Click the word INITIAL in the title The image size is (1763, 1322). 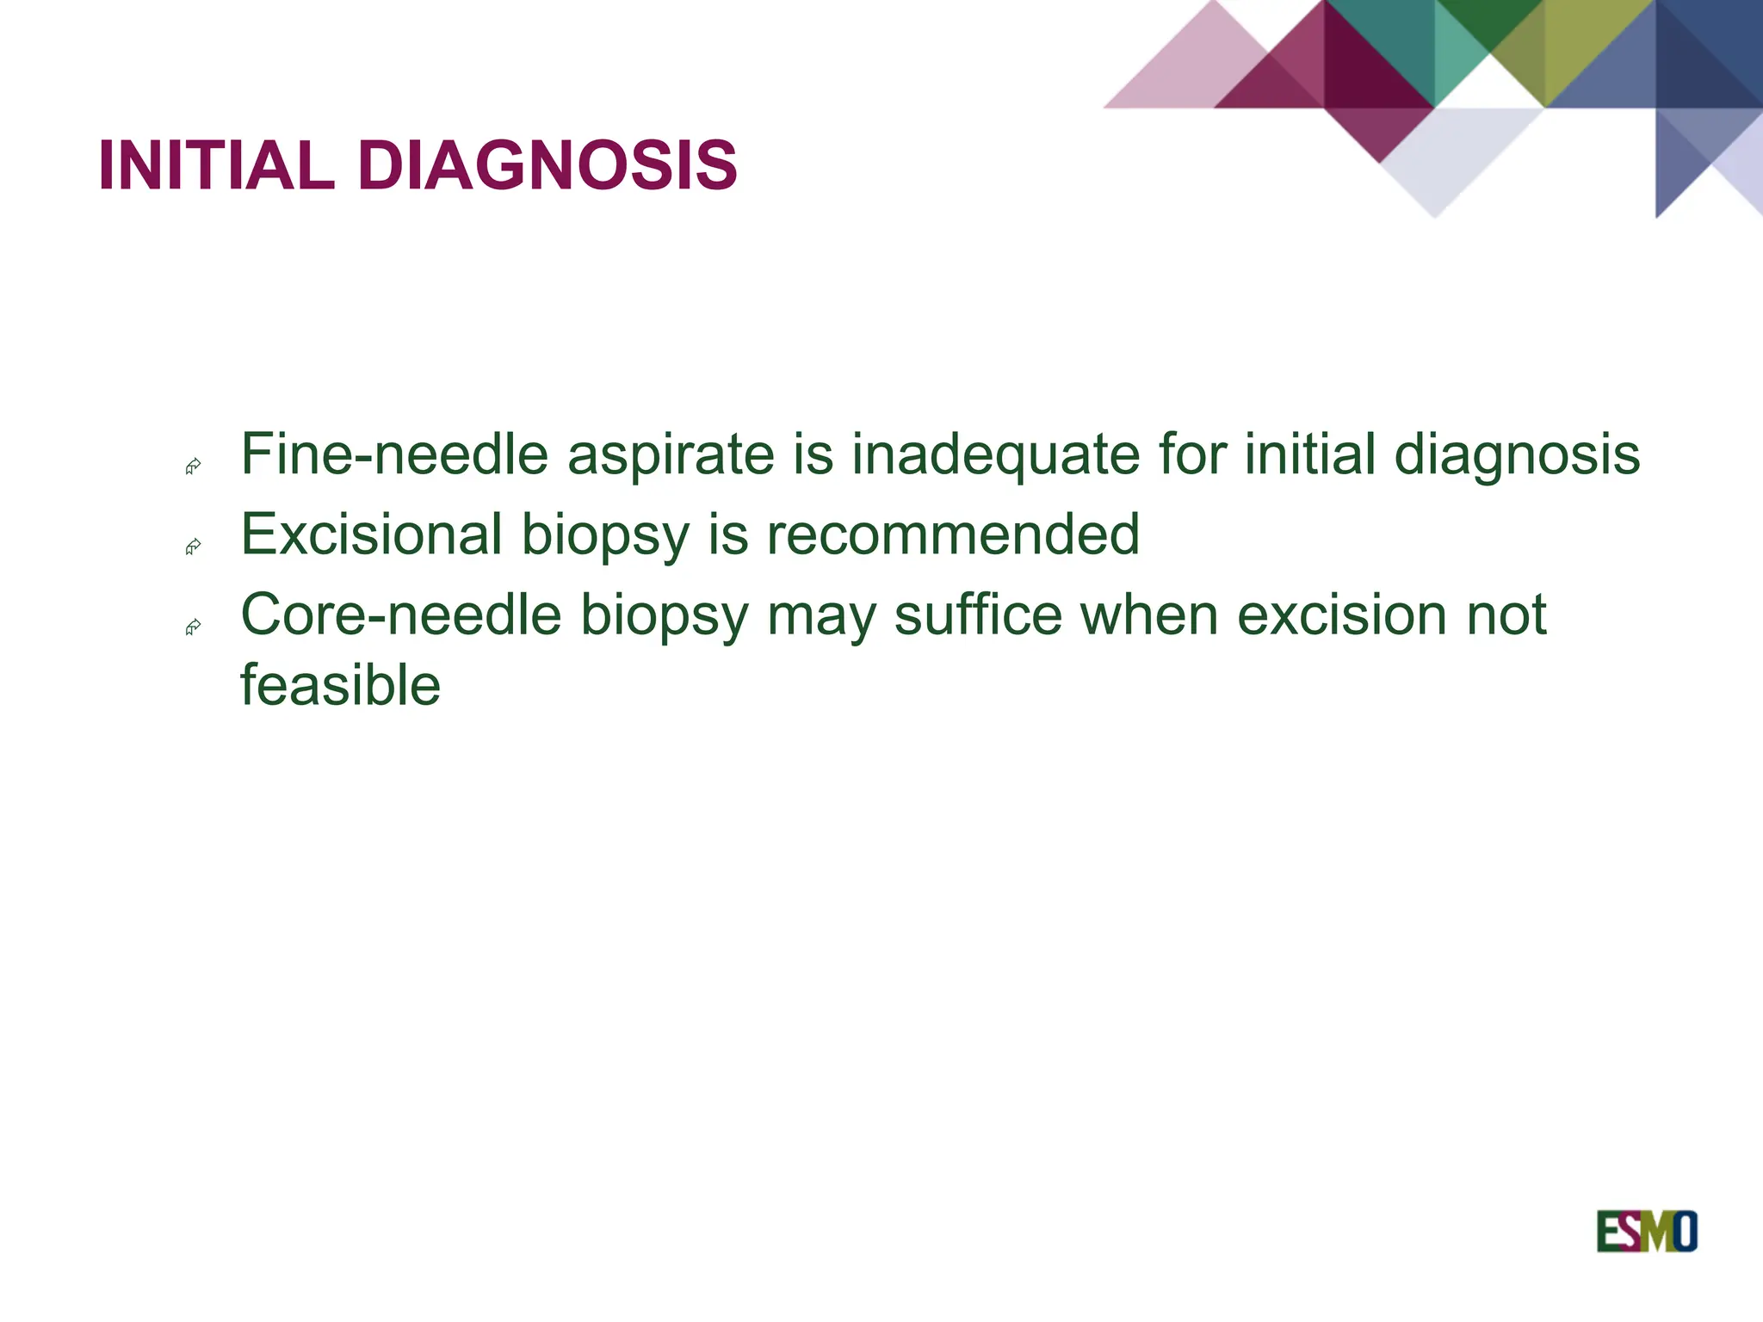pyautogui.click(x=216, y=165)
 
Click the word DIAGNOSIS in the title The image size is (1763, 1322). pyautogui.click(x=547, y=165)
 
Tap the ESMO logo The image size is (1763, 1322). pyautogui.click(x=1646, y=1232)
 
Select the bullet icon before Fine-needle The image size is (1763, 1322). pyautogui.click(x=194, y=466)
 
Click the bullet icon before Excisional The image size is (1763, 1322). pyautogui.click(x=194, y=547)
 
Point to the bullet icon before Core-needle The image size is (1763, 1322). pyautogui.click(x=194, y=627)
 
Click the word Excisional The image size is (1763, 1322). pyautogui.click(x=371, y=534)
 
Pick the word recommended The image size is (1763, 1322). pyautogui.click(x=953, y=534)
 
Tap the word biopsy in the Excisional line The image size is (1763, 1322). pyautogui.click(x=605, y=536)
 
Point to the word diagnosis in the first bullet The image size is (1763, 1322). pyautogui.click(x=1517, y=455)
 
